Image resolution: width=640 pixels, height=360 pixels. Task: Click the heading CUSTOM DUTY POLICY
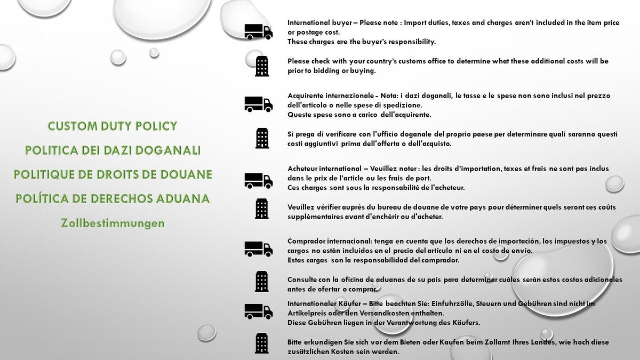(x=112, y=126)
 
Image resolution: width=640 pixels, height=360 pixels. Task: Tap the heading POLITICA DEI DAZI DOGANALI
(x=113, y=150)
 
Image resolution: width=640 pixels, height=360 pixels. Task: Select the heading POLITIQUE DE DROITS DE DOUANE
(x=113, y=174)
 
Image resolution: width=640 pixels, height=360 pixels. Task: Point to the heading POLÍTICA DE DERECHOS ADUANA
(x=113, y=198)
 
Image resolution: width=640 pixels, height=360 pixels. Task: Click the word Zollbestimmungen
(x=113, y=223)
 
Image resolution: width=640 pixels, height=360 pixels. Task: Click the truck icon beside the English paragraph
(x=258, y=32)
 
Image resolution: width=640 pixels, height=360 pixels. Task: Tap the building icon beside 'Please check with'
(x=262, y=66)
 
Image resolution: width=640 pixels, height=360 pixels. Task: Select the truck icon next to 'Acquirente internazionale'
(x=258, y=104)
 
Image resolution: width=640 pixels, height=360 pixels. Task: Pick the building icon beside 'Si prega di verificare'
(x=262, y=139)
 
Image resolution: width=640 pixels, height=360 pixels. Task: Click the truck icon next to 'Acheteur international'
(x=258, y=180)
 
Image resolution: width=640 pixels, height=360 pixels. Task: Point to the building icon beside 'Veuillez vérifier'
(x=262, y=209)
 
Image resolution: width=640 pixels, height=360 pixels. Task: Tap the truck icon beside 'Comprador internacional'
(x=258, y=249)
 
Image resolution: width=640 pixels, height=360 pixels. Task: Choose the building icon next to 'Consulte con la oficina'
(x=262, y=281)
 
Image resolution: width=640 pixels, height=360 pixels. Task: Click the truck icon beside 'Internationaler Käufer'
(x=258, y=310)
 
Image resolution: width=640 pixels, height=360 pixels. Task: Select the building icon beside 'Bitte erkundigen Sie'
(x=262, y=343)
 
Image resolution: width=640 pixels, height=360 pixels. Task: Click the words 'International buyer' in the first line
(x=322, y=23)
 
